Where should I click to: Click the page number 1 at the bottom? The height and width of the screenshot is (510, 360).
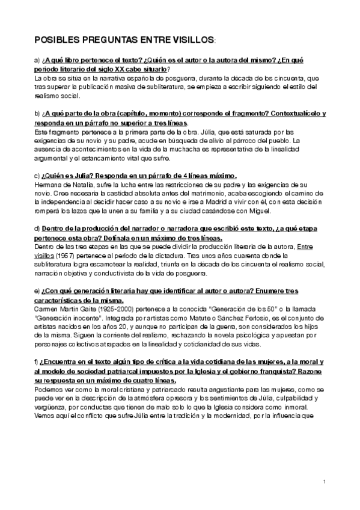coord(324,482)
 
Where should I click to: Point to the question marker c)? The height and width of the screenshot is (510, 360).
coord(37,176)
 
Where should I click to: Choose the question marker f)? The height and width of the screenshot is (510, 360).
coord(37,362)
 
